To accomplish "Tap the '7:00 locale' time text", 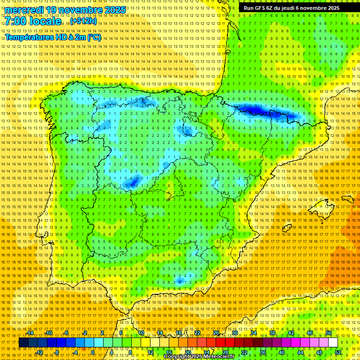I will point(33,21).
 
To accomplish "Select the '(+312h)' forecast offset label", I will point(83,21).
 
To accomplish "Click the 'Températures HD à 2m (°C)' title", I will point(53,37).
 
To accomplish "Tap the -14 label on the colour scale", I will point(30,333).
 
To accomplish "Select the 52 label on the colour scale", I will point(338,352).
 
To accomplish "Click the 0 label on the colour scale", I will point(93,352).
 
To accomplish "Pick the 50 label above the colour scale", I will point(329,333).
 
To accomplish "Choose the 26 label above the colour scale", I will point(216,333).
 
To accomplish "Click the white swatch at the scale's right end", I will point(333,343).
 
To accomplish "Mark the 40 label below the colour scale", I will point(282,352).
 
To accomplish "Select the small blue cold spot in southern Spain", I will point(180,281).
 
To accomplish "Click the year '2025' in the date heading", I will point(115,10).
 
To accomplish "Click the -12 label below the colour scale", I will point(39,352).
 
